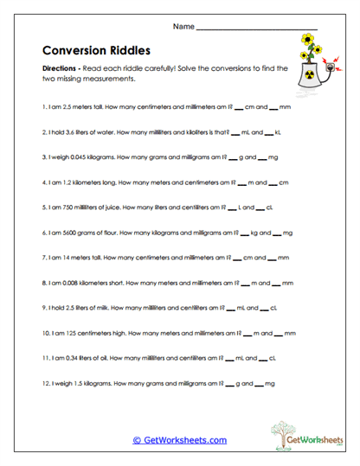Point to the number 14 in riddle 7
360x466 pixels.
[x=64, y=258]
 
